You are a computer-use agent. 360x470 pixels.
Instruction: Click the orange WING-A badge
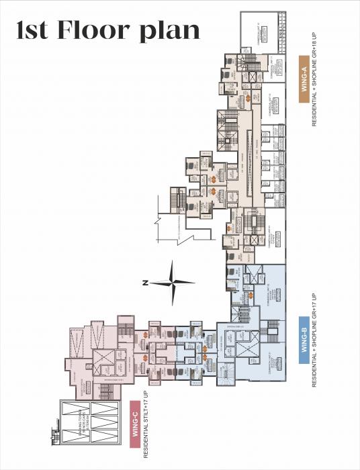(x=303, y=81)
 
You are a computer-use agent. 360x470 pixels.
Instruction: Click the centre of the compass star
(x=172, y=283)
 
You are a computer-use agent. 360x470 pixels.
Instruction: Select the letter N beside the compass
(x=145, y=283)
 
